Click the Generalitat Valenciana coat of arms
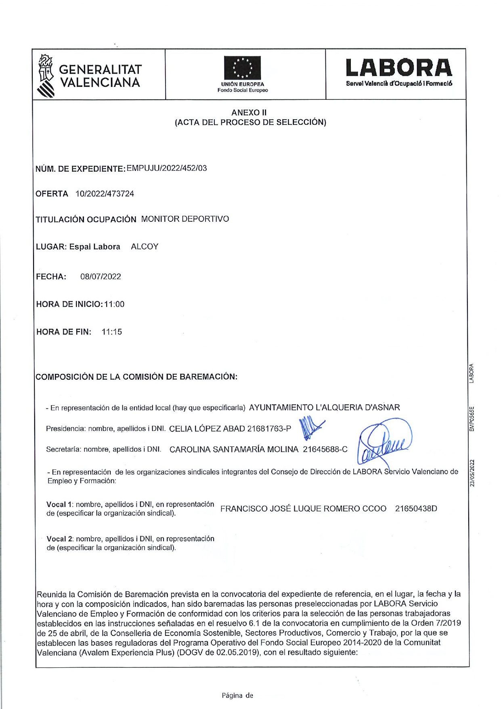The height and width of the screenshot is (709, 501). tap(46, 76)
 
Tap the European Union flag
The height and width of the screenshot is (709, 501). tap(242, 68)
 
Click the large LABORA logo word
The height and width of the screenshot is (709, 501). tap(398, 67)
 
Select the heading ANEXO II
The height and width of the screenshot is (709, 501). tap(249, 113)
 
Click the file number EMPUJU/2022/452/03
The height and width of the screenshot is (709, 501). tap(167, 168)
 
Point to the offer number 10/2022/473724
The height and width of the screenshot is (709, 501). tap(105, 194)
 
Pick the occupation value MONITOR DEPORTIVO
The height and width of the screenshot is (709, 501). tap(185, 219)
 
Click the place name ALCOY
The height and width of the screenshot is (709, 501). tap(145, 246)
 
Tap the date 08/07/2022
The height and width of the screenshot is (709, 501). tap(101, 277)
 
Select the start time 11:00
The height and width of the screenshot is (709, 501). tap(114, 304)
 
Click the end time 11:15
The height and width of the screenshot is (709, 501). tap(112, 332)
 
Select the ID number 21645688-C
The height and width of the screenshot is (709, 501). tap(325, 449)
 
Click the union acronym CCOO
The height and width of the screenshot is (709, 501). tap(374, 509)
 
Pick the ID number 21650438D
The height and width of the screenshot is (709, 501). tap(416, 509)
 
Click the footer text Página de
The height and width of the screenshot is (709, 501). tap(237, 695)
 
